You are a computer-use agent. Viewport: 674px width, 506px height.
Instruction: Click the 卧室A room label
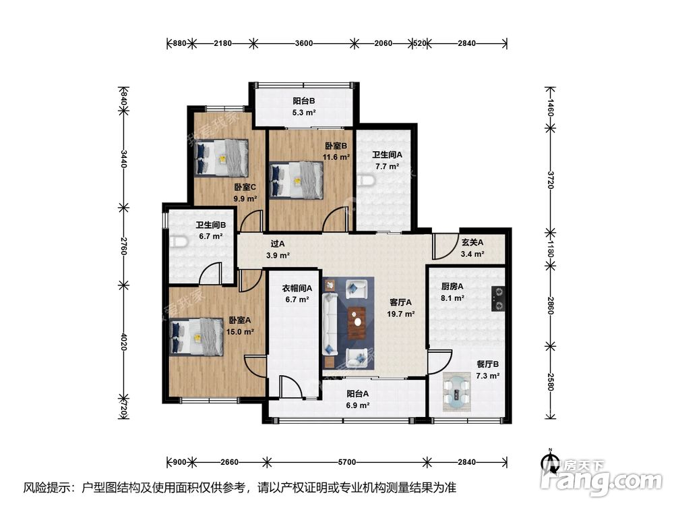(239, 320)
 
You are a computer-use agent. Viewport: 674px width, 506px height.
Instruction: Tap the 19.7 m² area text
(400, 314)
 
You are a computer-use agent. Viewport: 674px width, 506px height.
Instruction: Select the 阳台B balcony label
(304, 101)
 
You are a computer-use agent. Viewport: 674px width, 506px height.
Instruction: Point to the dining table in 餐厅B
(457, 391)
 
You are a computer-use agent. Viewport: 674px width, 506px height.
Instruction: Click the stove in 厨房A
(498, 299)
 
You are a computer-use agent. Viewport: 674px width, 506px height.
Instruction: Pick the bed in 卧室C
(221, 157)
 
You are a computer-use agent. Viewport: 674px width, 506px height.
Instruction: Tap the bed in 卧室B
(296, 181)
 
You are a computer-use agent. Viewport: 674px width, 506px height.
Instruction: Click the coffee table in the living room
(357, 322)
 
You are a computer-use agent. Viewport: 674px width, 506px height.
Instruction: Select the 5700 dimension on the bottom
(347, 462)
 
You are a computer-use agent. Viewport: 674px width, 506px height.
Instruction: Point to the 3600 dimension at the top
(304, 43)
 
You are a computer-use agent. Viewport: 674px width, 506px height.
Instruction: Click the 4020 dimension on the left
(124, 341)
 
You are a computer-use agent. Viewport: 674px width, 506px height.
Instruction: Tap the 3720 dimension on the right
(551, 179)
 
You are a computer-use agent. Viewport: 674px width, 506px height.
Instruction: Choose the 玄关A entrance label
(472, 242)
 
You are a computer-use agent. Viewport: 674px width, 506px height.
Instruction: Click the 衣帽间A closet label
(297, 288)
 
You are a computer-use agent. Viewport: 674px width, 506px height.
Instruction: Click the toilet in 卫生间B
(179, 242)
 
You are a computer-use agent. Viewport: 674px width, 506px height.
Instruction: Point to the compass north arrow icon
(549, 462)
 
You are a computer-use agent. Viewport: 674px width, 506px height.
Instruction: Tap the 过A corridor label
(278, 244)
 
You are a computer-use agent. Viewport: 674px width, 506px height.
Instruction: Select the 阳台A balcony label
(358, 393)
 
